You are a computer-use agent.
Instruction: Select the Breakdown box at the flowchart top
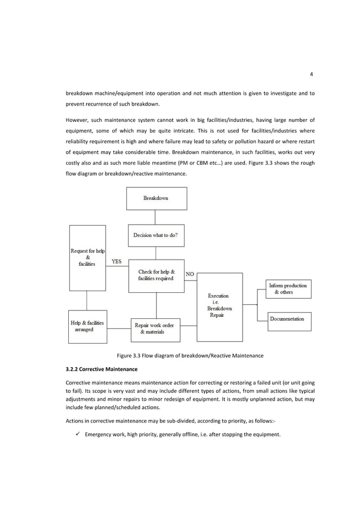[156, 199]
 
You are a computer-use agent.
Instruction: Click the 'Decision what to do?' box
[156, 235]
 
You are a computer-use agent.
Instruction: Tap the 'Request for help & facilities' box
[87, 258]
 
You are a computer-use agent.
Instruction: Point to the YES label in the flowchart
[116, 262]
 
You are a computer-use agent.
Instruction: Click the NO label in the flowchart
[190, 274]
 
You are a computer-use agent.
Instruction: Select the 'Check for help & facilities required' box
[156, 275]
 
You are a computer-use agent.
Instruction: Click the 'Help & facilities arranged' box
[87, 326]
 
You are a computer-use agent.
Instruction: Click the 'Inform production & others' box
[288, 289]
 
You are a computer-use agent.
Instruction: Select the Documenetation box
[288, 319]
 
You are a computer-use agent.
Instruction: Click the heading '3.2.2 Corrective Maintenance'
[102, 370]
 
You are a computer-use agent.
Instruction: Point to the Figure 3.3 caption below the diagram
[190, 356]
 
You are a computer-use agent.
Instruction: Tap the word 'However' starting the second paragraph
[77, 120]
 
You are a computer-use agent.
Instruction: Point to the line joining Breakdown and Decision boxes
[156, 217]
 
